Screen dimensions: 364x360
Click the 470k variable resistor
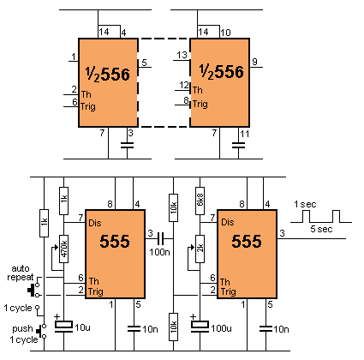point(63,249)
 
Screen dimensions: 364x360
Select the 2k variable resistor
point(200,249)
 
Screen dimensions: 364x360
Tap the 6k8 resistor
point(200,201)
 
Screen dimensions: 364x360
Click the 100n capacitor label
point(159,252)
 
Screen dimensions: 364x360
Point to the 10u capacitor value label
point(82,327)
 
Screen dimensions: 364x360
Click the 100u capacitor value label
point(221,328)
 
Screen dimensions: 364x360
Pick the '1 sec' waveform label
point(305,204)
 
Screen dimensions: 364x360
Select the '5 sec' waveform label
point(321,229)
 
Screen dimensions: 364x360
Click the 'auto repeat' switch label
point(21,273)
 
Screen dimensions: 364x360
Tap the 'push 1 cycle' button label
point(25,334)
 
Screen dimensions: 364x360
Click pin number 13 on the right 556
point(182,55)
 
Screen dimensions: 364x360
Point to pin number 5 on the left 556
point(144,63)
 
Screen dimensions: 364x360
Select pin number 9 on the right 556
point(254,62)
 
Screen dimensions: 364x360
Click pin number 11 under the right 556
point(244,134)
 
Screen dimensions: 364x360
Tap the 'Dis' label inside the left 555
point(95,223)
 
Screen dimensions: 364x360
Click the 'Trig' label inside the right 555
point(229,291)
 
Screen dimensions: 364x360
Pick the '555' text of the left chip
point(115,241)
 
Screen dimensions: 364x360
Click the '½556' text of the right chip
point(222,71)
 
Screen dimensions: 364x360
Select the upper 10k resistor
point(173,207)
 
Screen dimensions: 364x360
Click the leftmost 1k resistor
point(44,223)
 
